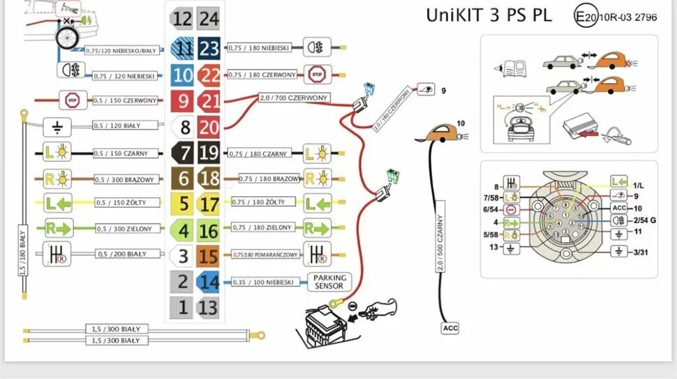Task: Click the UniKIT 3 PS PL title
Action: coord(489,15)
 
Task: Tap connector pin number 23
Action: coord(209,48)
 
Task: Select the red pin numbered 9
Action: coord(183,101)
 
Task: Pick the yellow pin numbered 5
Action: coord(183,204)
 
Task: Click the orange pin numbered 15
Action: coord(209,256)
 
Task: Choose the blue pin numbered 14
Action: coord(209,281)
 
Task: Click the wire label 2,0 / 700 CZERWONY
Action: coord(294,98)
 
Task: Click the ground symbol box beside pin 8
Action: coord(57,127)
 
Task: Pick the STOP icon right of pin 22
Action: coord(316,74)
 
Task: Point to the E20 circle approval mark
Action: coord(586,16)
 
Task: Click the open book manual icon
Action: coord(510,68)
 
